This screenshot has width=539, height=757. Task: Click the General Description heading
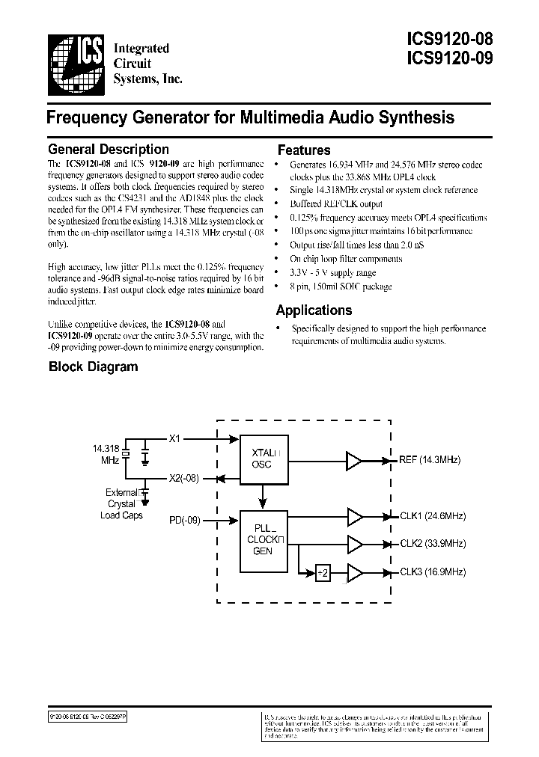(x=108, y=150)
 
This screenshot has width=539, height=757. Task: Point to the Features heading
(x=303, y=150)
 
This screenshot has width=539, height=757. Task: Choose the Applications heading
(x=313, y=310)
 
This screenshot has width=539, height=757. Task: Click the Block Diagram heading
(x=93, y=367)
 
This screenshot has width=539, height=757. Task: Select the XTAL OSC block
(x=263, y=459)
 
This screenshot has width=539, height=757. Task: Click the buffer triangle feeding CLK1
(x=355, y=517)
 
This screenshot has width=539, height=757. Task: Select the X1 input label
(x=175, y=439)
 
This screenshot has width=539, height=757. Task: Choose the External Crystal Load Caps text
(x=122, y=504)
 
